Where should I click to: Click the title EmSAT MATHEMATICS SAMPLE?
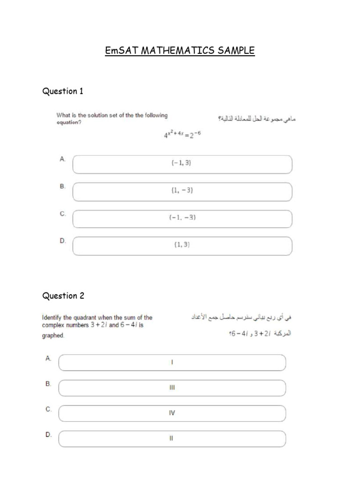pos(180,50)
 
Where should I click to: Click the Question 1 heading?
pos(63,91)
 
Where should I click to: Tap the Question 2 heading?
pos(63,296)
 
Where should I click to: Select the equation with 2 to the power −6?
pos(182,135)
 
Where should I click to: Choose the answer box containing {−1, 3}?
pos(182,164)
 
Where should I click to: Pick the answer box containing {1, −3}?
pos(182,191)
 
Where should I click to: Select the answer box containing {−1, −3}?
pos(182,218)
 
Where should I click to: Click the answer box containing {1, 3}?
pos(182,245)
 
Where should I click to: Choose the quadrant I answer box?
pos(172,362)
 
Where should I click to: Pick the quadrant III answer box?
pos(172,388)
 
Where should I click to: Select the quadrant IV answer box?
pos(172,413)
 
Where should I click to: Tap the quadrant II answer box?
pos(172,439)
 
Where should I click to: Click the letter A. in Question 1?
pos(62,159)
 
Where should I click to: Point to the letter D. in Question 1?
pos(63,241)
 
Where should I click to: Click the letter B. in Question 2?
pos(48,383)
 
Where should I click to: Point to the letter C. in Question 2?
pos(48,409)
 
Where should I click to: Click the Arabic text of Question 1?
pos(256,119)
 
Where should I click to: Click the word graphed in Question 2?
pos(53,336)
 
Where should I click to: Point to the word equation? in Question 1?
pos(69,123)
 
